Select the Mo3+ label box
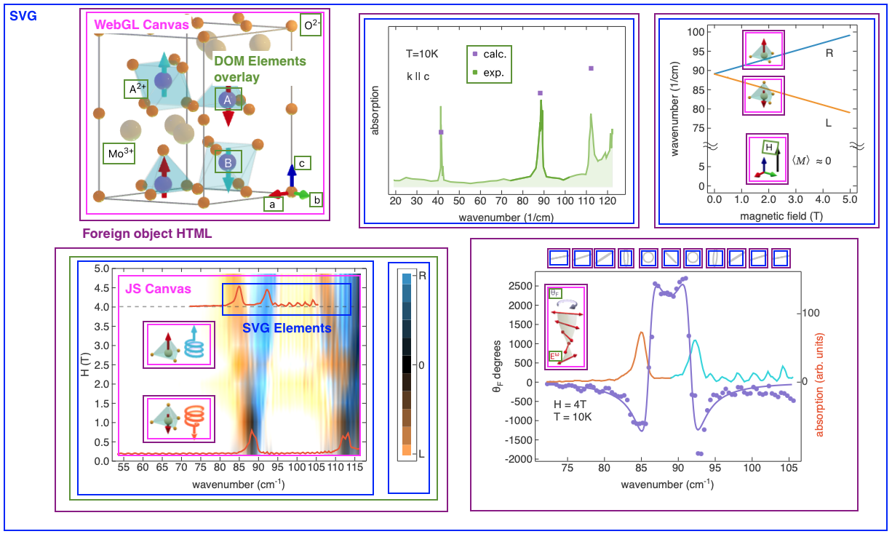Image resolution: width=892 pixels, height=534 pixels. [x=119, y=154]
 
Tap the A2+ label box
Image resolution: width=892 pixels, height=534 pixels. [x=138, y=89]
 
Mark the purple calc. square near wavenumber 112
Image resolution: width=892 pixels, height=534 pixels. [x=591, y=68]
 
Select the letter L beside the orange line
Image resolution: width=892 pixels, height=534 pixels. [x=828, y=123]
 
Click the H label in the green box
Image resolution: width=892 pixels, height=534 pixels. [x=768, y=148]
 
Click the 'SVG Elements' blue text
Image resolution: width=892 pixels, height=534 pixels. [x=287, y=328]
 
